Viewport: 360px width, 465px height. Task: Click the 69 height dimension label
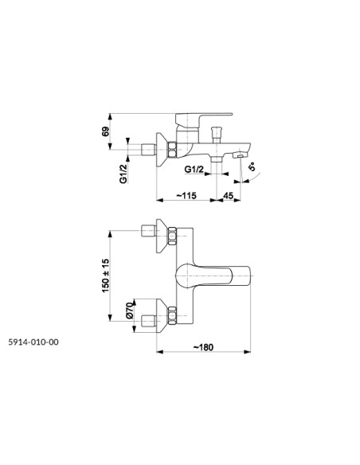(x=106, y=131)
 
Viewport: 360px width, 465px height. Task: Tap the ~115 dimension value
(x=186, y=195)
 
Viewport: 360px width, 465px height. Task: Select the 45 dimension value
(x=228, y=195)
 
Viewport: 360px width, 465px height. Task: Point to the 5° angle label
(x=252, y=167)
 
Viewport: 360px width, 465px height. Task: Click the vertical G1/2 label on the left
(x=123, y=174)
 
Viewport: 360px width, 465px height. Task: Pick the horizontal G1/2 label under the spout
(x=194, y=170)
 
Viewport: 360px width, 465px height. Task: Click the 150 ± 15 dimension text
(x=106, y=275)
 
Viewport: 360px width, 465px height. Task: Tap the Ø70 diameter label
(x=130, y=311)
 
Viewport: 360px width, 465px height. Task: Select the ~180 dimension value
(x=203, y=347)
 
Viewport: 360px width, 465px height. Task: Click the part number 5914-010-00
(x=33, y=342)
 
